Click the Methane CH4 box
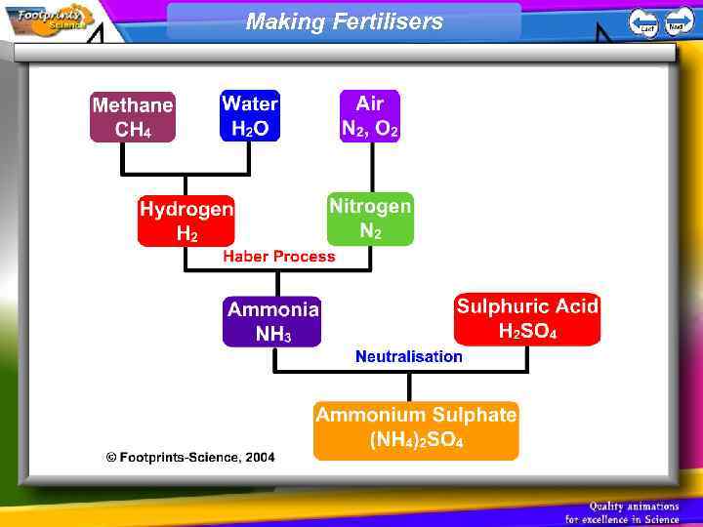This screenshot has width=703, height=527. (133, 117)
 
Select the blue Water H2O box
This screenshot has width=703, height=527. (250, 116)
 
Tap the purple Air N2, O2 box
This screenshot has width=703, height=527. (370, 116)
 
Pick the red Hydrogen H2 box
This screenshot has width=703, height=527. (186, 221)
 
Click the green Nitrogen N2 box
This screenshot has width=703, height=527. (370, 219)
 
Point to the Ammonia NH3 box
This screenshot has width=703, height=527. (272, 322)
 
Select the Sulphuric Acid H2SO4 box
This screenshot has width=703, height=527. (527, 319)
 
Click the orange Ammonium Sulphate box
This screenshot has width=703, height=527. (416, 428)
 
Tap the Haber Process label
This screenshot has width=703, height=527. (278, 257)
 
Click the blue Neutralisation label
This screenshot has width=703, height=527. (409, 356)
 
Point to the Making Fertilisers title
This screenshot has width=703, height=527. (344, 21)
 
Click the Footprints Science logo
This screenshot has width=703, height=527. (49, 18)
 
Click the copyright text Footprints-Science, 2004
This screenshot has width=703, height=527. (190, 457)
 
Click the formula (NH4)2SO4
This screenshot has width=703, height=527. (416, 441)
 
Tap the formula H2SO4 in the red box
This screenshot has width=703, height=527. (527, 332)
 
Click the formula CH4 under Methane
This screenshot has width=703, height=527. (133, 130)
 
